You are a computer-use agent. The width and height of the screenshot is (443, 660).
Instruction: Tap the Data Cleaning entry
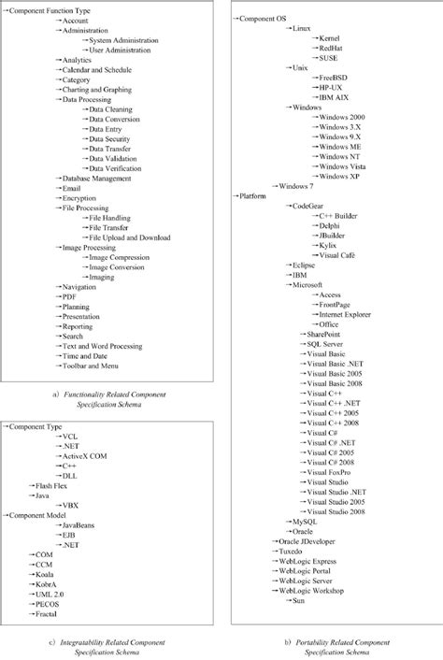[x=113, y=109]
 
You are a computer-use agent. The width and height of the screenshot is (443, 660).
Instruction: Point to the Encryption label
[x=78, y=198]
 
